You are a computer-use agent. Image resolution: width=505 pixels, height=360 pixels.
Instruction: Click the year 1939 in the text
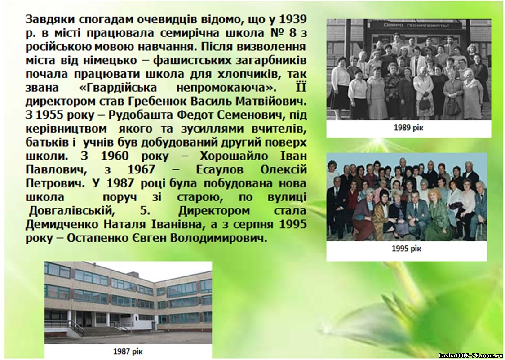(292, 20)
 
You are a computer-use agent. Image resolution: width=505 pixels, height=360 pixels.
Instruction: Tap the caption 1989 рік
(408, 128)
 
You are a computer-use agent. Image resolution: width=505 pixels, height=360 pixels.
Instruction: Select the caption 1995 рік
(406, 249)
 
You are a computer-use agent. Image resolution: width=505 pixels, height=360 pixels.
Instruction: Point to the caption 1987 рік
(128, 351)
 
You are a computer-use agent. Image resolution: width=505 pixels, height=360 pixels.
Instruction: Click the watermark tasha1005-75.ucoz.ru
(470, 356)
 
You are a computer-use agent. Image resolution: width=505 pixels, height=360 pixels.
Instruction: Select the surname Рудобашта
(140, 115)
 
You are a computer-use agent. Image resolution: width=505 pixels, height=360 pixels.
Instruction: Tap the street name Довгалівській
(72, 211)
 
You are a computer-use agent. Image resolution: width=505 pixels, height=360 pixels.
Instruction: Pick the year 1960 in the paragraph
(115, 156)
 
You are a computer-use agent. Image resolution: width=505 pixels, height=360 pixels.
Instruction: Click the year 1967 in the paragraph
(142, 169)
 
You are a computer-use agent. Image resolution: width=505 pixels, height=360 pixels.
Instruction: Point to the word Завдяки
(51, 20)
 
